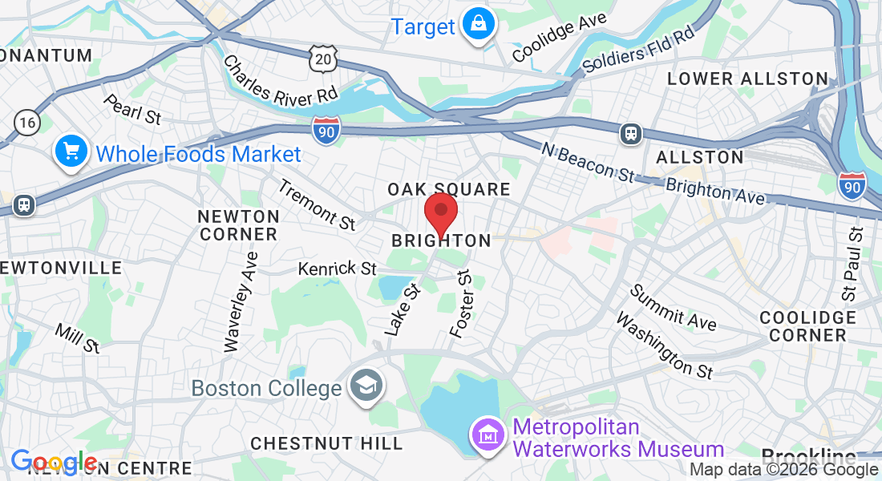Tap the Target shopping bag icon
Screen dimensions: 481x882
tap(479, 25)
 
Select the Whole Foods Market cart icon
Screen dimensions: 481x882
tap(71, 152)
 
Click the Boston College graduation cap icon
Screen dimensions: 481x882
tap(366, 386)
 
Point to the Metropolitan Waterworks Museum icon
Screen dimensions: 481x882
tap(488, 437)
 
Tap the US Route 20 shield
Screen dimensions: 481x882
tap(322, 58)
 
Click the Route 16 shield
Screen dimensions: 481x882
tap(26, 122)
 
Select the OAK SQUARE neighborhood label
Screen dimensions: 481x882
tap(449, 189)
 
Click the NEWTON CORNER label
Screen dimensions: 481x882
tap(239, 225)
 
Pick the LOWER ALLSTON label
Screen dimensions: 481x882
tap(747, 79)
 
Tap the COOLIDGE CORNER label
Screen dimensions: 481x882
tap(807, 326)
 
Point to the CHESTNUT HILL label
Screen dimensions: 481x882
tap(326, 443)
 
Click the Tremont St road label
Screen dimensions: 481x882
tap(317, 204)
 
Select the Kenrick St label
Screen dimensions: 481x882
tap(338, 269)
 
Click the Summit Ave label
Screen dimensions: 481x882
tap(673, 307)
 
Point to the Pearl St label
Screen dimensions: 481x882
tap(132, 110)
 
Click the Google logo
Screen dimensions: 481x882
tap(54, 463)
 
